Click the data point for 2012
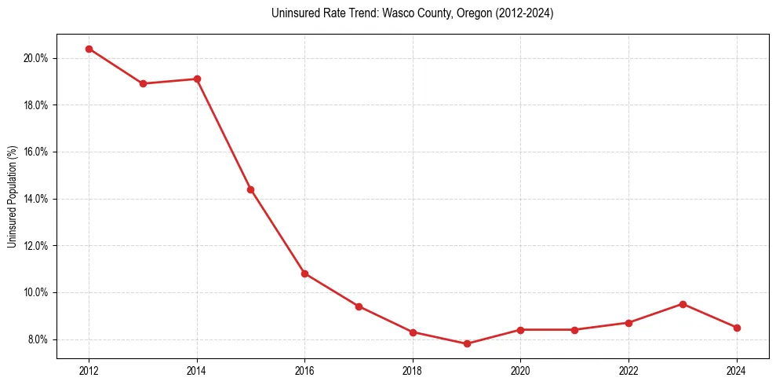pos(89,49)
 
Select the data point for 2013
pos(143,83)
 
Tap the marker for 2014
pos(197,79)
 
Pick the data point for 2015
pos(250,189)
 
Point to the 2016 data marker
pos(304,273)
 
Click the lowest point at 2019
pos(467,343)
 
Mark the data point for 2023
pos(683,304)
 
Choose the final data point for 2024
pos(737,328)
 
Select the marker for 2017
pos(359,306)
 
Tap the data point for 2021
pos(574,330)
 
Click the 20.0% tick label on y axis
pos(37,58)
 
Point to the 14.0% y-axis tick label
pos(37,199)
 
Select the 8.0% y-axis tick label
pos(38,339)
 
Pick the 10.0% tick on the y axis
pos(37,292)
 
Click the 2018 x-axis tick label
pos(413,370)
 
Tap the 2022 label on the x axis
pos(628,370)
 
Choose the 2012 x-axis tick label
pos(89,370)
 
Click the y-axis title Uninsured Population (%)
pos(12,196)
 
